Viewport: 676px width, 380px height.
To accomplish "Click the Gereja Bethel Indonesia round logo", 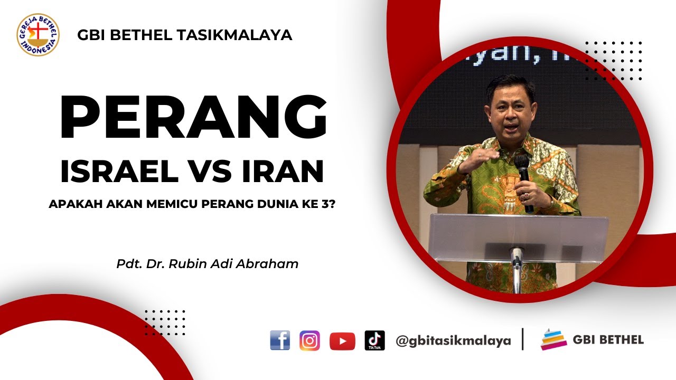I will pyautogui.click(x=38, y=35).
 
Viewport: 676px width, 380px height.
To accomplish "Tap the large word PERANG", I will pyautogui.click(x=193, y=118).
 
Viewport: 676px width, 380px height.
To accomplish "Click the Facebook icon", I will pyautogui.click(x=280, y=340).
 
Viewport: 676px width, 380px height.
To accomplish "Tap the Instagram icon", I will pyautogui.click(x=310, y=340).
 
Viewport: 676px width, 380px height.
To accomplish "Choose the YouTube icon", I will pyautogui.click(x=342, y=341).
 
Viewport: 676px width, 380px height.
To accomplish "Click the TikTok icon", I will pyautogui.click(x=374, y=340).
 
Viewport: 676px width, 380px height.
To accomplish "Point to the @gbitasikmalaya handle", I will pyautogui.click(x=453, y=341).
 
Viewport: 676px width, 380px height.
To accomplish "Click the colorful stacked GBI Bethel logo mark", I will pyautogui.click(x=553, y=340).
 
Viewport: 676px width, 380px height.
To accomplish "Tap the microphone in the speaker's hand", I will pyautogui.click(x=523, y=174).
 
